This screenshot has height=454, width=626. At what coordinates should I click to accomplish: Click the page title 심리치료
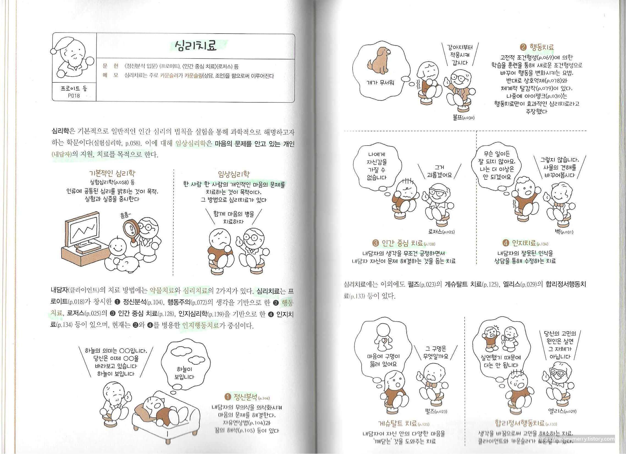pyautogui.click(x=196, y=46)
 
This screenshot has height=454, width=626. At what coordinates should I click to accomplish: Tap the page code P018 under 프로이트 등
pyautogui.click(x=74, y=96)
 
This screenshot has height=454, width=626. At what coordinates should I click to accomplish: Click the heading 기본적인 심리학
pyautogui.click(x=112, y=173)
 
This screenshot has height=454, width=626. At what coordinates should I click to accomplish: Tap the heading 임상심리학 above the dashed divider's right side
pyautogui.click(x=234, y=174)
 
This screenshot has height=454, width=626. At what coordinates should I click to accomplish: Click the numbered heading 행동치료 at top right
pyautogui.click(x=538, y=47)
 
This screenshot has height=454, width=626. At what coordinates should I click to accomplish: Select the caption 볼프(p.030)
pyautogui.click(x=464, y=118)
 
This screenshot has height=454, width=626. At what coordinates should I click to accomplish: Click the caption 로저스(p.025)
pyautogui.click(x=441, y=232)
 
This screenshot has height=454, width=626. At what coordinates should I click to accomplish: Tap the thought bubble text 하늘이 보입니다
pyautogui.click(x=184, y=373)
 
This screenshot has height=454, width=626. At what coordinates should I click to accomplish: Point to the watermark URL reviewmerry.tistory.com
pyautogui.click(x=576, y=439)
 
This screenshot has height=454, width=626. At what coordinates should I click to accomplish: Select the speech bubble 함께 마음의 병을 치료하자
pyautogui.click(x=234, y=218)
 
